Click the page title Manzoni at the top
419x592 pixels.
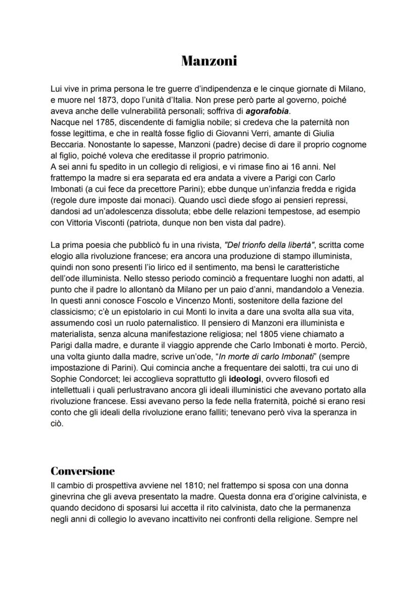[209, 61]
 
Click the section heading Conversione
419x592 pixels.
[83, 471]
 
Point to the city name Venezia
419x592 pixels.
[348, 289]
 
